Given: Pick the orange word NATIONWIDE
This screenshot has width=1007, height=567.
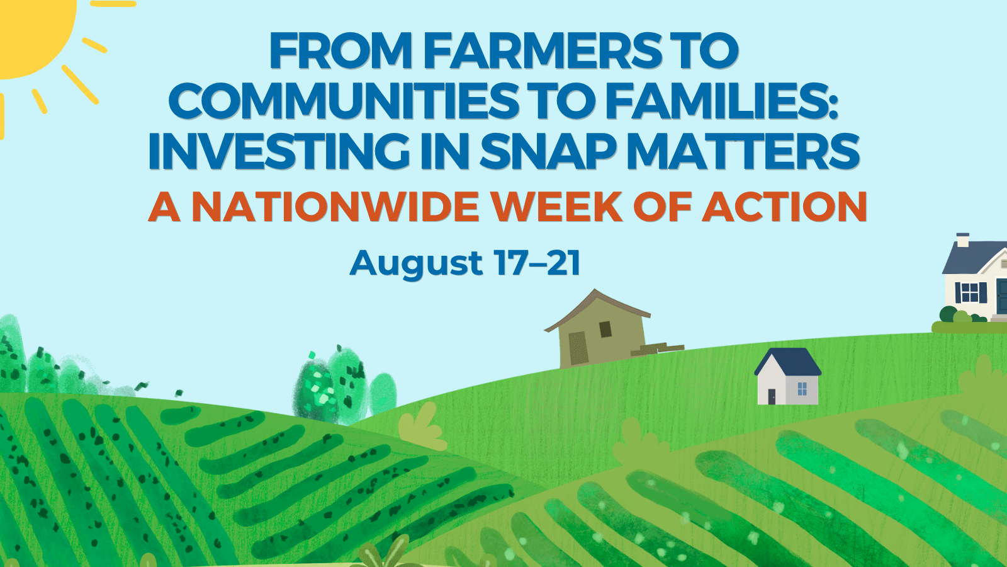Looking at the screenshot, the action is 335,207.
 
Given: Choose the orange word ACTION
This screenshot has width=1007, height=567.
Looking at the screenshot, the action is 785,207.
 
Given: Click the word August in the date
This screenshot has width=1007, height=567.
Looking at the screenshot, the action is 416,264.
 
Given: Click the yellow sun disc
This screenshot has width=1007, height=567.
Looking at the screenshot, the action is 31,31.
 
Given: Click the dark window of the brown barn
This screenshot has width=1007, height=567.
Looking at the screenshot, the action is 605,329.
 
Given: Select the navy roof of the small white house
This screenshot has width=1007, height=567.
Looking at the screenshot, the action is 787,362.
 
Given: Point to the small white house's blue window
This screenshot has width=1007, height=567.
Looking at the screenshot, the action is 802,389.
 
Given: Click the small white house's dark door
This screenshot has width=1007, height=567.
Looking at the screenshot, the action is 772,396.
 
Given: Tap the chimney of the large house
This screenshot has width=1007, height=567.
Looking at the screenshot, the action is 962,240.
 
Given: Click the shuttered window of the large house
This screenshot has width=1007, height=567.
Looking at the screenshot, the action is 970,292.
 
